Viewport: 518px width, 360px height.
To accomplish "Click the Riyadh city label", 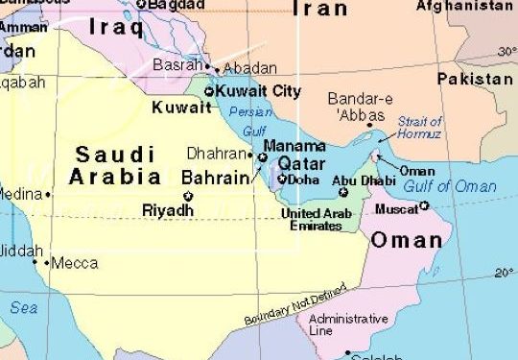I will tap(167, 210).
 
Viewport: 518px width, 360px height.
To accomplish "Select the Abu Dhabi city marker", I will tap(343, 192).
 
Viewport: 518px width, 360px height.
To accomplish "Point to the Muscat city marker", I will tap(423, 205).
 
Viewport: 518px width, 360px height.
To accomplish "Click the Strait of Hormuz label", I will tap(419, 128).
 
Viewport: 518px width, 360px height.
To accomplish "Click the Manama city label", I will tap(294, 146).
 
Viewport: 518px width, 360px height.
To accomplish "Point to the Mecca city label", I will tap(74, 262).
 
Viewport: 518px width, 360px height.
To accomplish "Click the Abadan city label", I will tap(250, 68).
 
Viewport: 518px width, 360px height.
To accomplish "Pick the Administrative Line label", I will tap(347, 324).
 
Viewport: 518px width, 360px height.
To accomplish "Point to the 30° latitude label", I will tap(506, 51).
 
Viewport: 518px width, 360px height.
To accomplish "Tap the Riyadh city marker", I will tap(187, 196).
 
